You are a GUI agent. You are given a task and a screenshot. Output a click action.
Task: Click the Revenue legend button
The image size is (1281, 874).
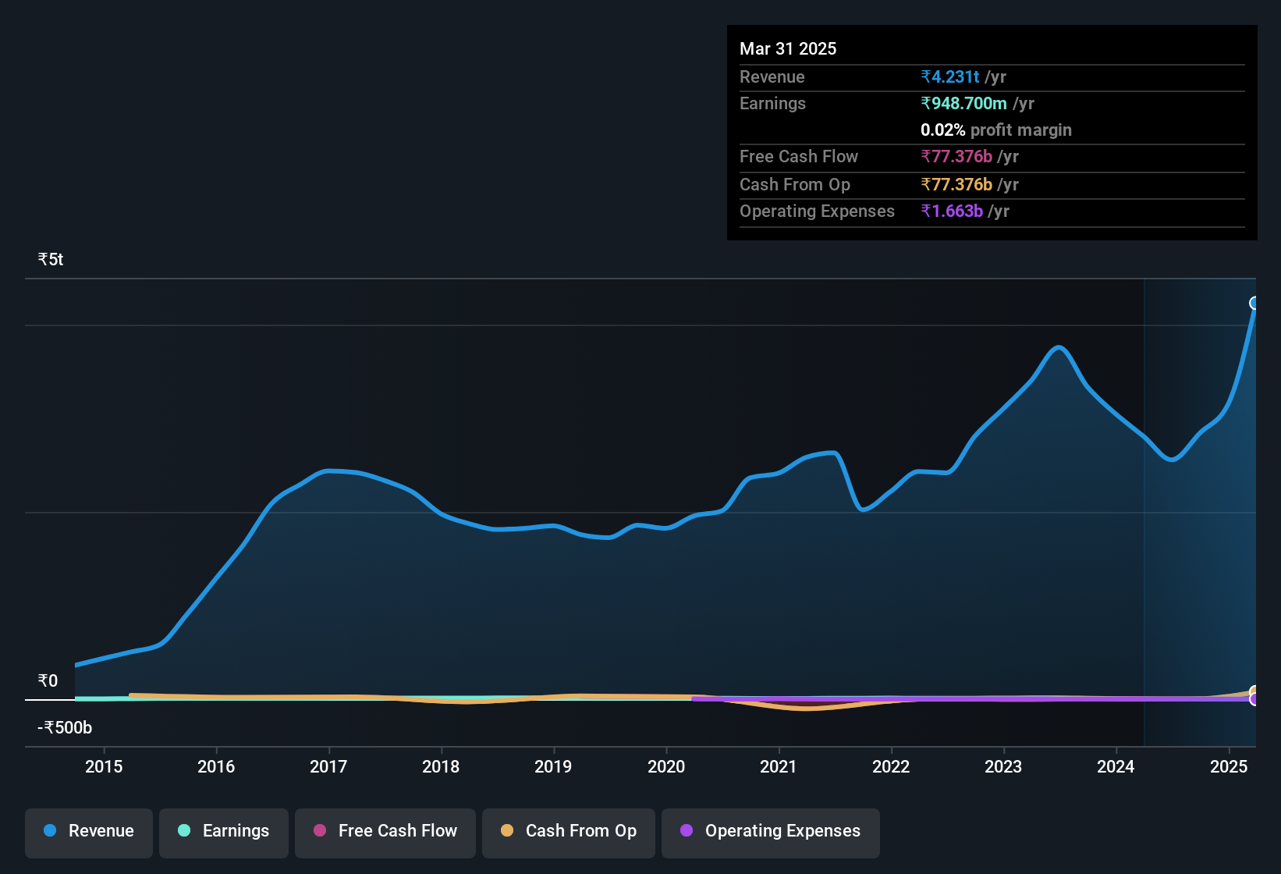(x=88, y=831)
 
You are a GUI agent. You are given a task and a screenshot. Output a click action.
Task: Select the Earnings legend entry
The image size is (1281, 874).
(x=223, y=831)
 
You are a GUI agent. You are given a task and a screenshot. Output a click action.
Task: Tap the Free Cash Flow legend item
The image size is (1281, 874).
(x=385, y=831)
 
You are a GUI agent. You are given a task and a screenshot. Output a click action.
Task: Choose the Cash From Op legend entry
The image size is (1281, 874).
(x=568, y=831)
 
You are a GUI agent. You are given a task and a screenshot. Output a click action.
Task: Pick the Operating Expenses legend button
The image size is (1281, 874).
(x=770, y=831)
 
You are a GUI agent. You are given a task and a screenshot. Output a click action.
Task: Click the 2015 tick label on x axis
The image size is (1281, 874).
(x=104, y=766)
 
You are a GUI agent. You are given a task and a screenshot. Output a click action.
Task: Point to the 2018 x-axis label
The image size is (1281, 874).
(x=441, y=766)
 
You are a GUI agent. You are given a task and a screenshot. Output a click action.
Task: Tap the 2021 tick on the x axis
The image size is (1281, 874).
(x=779, y=766)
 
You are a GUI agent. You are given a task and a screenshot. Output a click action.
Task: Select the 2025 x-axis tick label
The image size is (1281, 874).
(x=1228, y=766)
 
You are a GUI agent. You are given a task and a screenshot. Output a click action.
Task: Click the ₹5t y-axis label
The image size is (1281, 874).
(x=51, y=260)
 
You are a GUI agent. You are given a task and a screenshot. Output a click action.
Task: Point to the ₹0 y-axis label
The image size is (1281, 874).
(x=48, y=680)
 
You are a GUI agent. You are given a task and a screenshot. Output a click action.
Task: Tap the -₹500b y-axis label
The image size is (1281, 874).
(x=65, y=727)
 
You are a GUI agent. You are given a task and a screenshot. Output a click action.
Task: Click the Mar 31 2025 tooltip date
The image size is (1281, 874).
(x=788, y=48)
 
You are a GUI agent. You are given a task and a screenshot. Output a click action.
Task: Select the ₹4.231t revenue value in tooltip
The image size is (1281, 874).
(x=950, y=76)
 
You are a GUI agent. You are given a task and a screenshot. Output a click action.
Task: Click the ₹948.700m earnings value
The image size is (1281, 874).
(x=963, y=103)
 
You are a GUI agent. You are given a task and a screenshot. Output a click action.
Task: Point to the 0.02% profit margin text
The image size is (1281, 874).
(x=995, y=130)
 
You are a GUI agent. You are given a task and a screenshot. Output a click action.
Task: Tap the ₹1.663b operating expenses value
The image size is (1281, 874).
(x=952, y=211)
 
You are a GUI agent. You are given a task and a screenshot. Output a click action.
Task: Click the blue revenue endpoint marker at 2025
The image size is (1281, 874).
(x=1254, y=303)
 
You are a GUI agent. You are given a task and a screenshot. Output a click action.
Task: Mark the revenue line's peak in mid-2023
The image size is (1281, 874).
(x=1058, y=346)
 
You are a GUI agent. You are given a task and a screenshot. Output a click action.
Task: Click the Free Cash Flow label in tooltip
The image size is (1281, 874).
(x=798, y=156)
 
